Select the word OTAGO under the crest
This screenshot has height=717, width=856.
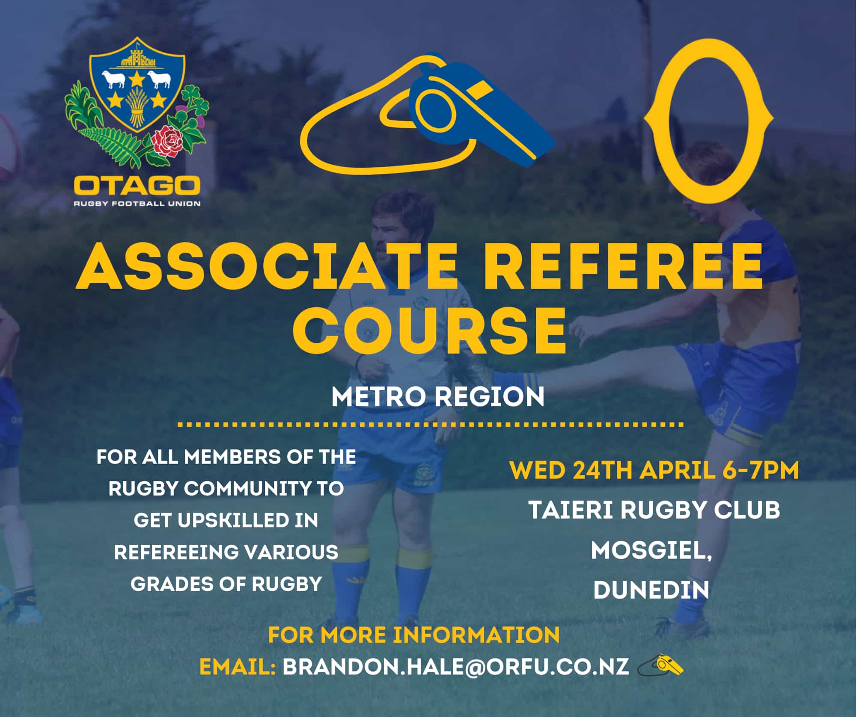click(137, 186)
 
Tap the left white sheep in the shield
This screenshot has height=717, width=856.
click(113, 79)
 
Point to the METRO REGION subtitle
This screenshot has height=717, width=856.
click(437, 397)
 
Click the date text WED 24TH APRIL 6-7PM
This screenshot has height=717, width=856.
click(654, 470)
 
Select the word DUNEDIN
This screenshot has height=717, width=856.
click(651, 590)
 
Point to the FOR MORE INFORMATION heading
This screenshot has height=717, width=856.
click(414, 635)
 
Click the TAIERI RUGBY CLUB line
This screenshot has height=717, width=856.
click(654, 510)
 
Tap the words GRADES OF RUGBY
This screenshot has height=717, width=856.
click(226, 584)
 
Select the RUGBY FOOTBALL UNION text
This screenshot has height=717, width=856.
click(137, 204)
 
